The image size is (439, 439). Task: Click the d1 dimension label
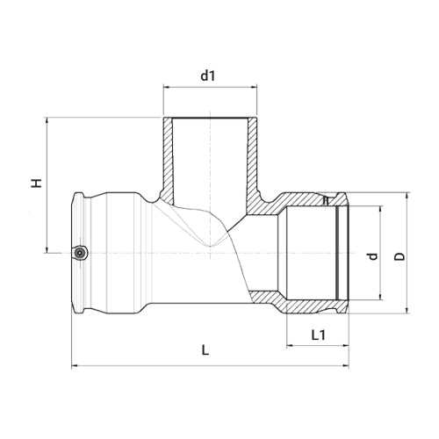point(208,76)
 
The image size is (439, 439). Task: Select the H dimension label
point(37,184)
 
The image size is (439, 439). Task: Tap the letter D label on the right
point(399,256)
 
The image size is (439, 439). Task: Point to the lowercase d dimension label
point(372,256)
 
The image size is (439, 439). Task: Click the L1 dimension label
point(318,335)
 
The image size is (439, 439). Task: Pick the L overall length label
point(205,350)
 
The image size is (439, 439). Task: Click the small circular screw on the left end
point(80,252)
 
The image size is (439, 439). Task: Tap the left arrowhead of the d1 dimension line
point(166,87)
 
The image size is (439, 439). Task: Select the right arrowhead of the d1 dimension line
point(255,87)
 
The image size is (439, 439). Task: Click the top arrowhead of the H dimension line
point(47,120)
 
